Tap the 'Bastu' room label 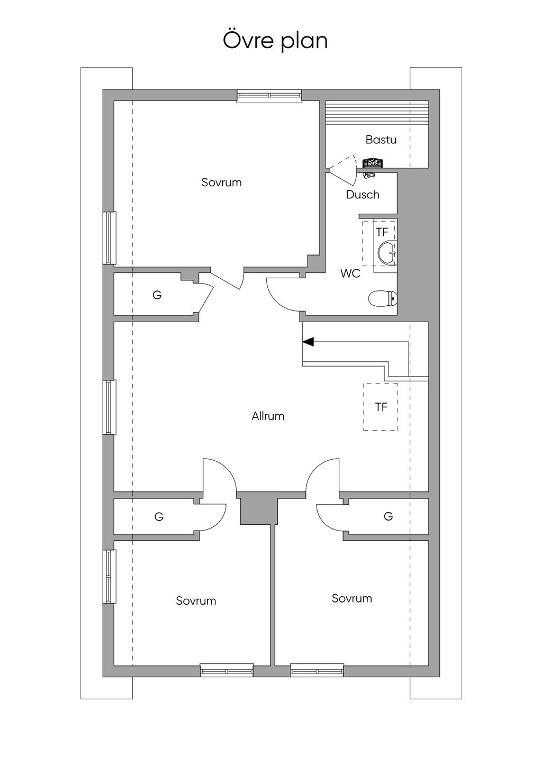(381, 140)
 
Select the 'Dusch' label (363, 195)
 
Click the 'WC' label (350, 273)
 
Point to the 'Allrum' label (268, 416)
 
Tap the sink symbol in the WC (387, 253)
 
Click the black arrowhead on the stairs (308, 342)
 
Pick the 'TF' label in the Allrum (381, 407)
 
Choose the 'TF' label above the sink (382, 232)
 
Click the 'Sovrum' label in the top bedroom (221, 183)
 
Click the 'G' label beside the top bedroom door (157, 295)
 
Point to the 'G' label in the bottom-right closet (388, 516)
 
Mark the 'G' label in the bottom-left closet (159, 516)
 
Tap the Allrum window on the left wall (110, 407)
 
